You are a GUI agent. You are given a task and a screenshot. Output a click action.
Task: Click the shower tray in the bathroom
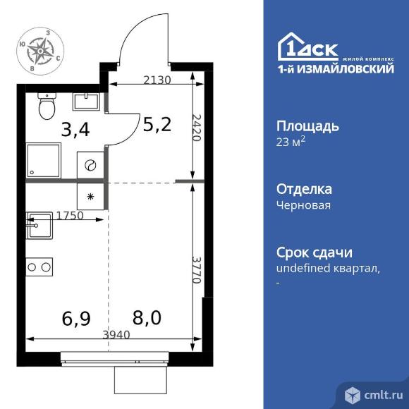click(44, 161)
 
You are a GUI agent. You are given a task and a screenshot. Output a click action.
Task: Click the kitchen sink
click(39, 227)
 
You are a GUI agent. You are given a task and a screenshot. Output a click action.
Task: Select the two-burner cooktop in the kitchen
click(39, 267)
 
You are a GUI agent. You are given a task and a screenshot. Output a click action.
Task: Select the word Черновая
click(303, 205)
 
